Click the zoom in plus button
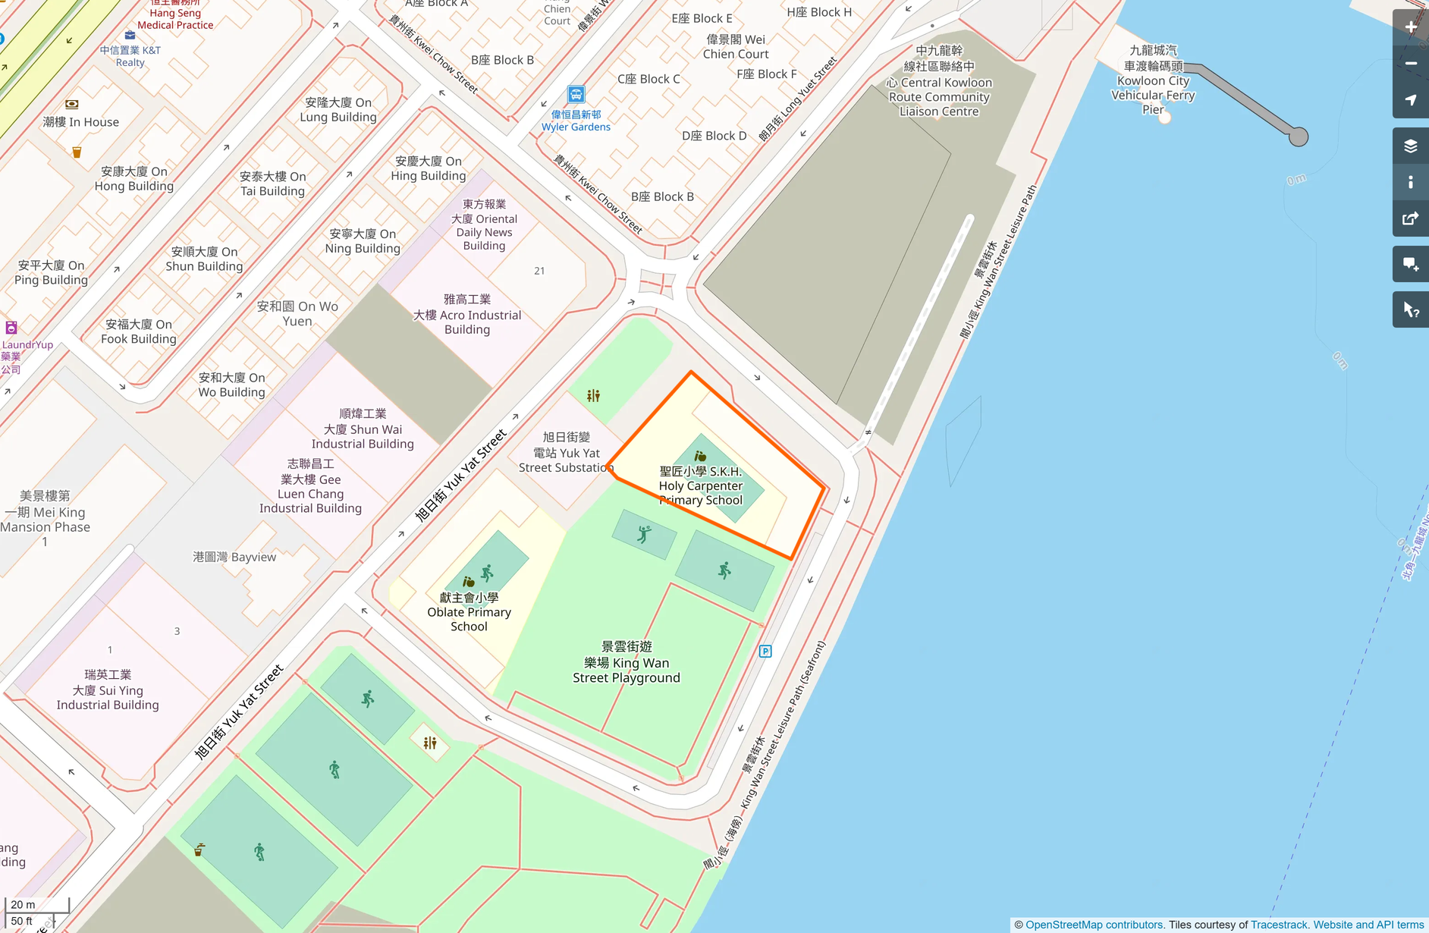[1410, 27]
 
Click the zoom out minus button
[1410, 64]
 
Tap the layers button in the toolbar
[1410, 146]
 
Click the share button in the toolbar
[1410, 219]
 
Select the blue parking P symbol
[765, 651]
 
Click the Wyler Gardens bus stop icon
[576, 95]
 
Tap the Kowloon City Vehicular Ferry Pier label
[1152, 80]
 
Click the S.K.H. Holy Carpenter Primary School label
[700, 485]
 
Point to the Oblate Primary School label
[469, 612]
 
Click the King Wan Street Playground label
[626, 662]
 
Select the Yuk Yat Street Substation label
[566, 453]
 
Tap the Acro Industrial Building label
[467, 314]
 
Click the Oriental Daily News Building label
[484, 225]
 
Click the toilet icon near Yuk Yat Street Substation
[593, 395]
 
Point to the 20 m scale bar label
[23, 904]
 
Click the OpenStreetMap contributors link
[1094, 925]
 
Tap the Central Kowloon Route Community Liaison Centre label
[939, 81]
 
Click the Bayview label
[234, 557]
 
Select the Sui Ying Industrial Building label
[108, 690]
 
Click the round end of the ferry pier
[1299, 137]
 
